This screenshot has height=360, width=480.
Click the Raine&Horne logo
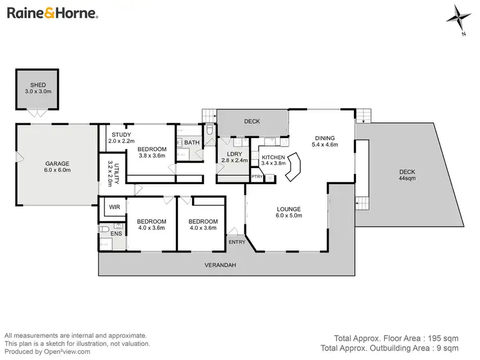point(52,13)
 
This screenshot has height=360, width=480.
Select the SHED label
point(38,86)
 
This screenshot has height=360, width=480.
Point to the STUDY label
point(121,135)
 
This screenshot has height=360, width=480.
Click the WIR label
point(115,207)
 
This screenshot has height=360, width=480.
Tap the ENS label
point(116,235)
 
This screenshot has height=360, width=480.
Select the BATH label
point(191,143)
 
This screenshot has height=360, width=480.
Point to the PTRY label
point(257,176)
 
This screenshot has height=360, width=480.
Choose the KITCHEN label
point(273,157)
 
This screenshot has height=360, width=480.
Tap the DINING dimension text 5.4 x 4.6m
point(324,145)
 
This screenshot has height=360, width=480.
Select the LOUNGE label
point(288,209)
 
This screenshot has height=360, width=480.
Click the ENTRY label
point(237,242)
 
